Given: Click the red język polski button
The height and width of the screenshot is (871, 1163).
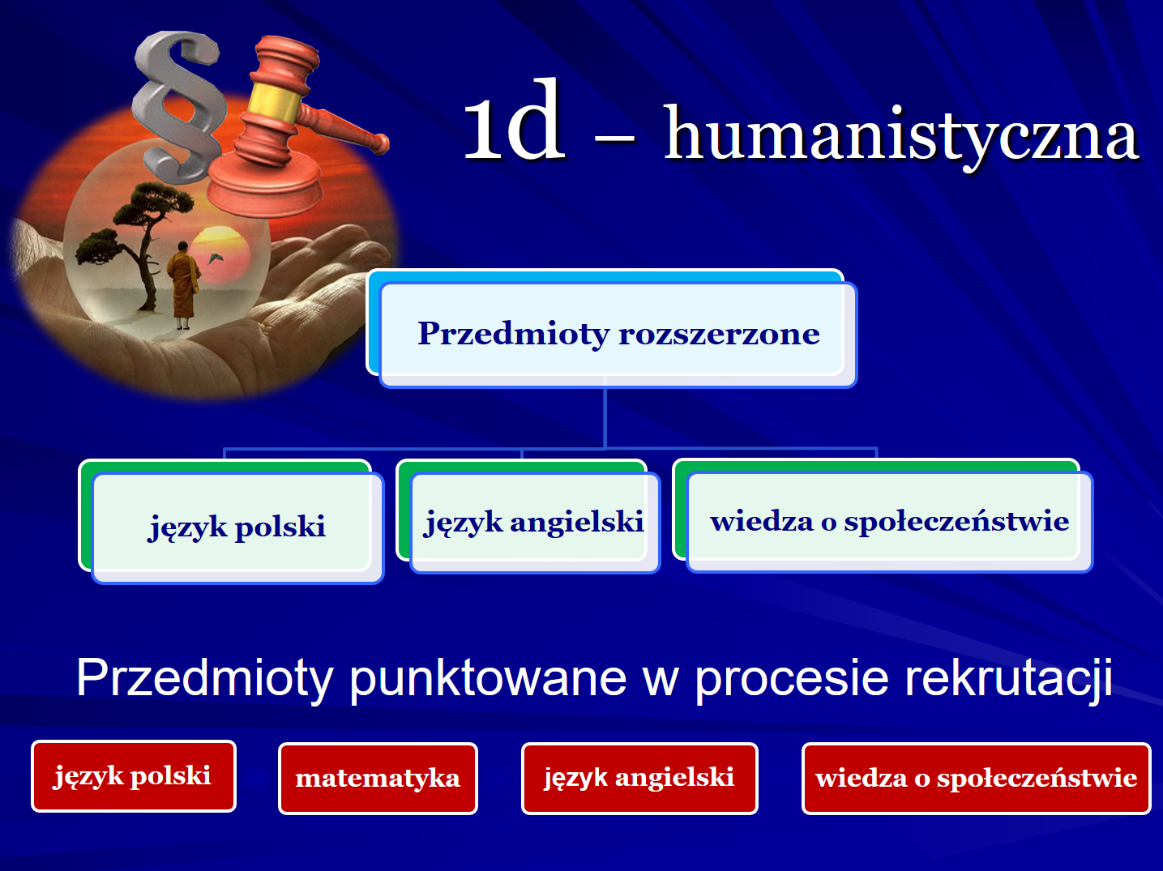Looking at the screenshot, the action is [134, 776].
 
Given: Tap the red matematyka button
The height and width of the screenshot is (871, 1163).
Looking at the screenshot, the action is [378, 779].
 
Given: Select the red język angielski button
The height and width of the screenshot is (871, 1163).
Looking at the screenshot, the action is [639, 779].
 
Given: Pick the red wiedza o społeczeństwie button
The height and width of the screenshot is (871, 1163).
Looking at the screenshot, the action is [977, 779].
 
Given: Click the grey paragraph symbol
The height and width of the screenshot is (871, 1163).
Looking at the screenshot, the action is [177, 106].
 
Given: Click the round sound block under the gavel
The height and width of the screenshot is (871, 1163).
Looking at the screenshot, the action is [264, 186].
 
